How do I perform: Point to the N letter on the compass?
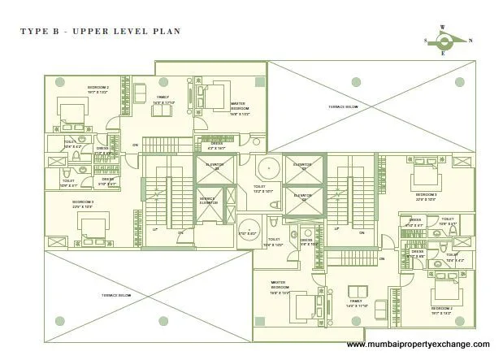point(470,40)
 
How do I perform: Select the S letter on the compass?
point(424,40)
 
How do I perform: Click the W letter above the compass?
point(442,27)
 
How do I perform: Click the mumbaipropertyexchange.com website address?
point(418,345)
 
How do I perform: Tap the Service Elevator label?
point(208,202)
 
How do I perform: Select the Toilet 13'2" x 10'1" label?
point(264,189)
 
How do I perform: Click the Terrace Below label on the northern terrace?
point(343,106)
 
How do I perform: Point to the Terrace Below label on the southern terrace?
point(115,295)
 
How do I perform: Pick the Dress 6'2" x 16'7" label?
point(216,146)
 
